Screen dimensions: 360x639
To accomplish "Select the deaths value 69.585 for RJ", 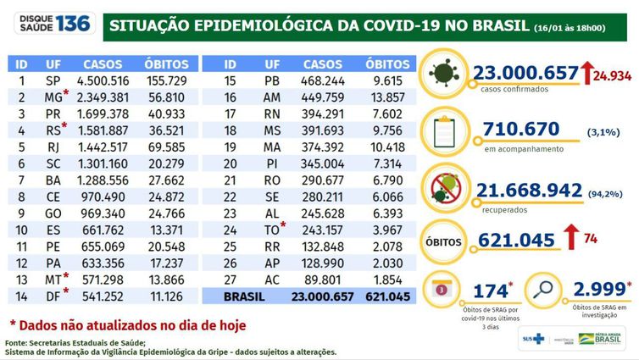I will click(x=169, y=146).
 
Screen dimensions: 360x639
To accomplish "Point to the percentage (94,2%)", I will click(x=608, y=193).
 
